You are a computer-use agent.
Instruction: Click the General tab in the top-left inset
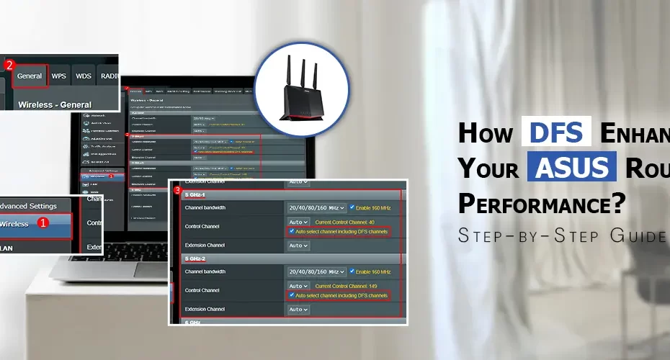30,76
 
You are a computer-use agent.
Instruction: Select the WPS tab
59,76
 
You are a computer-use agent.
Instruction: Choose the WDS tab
84,76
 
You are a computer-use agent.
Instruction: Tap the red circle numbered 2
9,65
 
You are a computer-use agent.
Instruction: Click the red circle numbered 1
43,223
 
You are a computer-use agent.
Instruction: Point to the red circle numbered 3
178,190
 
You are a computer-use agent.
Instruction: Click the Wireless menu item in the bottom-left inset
14,223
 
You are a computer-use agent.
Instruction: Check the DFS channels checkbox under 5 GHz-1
291,232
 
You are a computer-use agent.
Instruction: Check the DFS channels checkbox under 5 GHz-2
291,295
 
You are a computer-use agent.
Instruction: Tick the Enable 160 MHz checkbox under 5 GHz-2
352,271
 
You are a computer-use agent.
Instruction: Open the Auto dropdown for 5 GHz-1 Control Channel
298,222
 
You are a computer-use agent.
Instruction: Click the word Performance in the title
540,204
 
